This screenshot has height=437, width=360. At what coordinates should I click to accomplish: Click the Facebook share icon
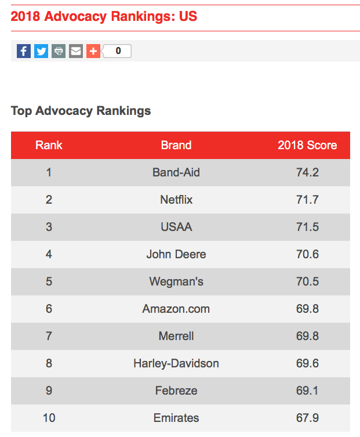point(24,51)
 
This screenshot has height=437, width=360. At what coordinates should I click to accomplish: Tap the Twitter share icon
point(41,51)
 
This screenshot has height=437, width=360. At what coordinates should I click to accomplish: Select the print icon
point(59,51)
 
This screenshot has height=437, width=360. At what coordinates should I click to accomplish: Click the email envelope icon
point(76,51)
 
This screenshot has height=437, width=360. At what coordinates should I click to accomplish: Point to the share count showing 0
point(118,51)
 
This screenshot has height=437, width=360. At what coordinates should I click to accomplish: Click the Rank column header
point(49,145)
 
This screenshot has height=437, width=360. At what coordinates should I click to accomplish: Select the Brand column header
point(176,145)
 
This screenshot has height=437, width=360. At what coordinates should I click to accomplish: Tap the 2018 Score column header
point(307,145)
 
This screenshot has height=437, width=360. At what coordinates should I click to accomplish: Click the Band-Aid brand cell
point(176,172)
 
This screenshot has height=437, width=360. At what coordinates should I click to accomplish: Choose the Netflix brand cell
point(176,200)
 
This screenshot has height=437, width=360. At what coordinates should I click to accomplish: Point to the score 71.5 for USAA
point(307,227)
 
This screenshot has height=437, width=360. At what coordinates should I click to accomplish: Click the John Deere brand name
point(176,254)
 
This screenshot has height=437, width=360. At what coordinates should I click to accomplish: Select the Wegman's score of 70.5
point(307,281)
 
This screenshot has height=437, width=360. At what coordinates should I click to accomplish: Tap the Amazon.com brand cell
point(176,309)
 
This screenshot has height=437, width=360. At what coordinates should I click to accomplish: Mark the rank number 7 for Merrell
point(49,336)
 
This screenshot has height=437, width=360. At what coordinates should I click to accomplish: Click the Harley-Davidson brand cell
point(176,363)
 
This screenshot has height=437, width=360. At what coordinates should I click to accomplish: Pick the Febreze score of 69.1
point(307,391)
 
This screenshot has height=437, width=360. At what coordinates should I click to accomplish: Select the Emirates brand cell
point(176,418)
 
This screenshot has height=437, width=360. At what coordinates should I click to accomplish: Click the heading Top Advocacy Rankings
point(81,111)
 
